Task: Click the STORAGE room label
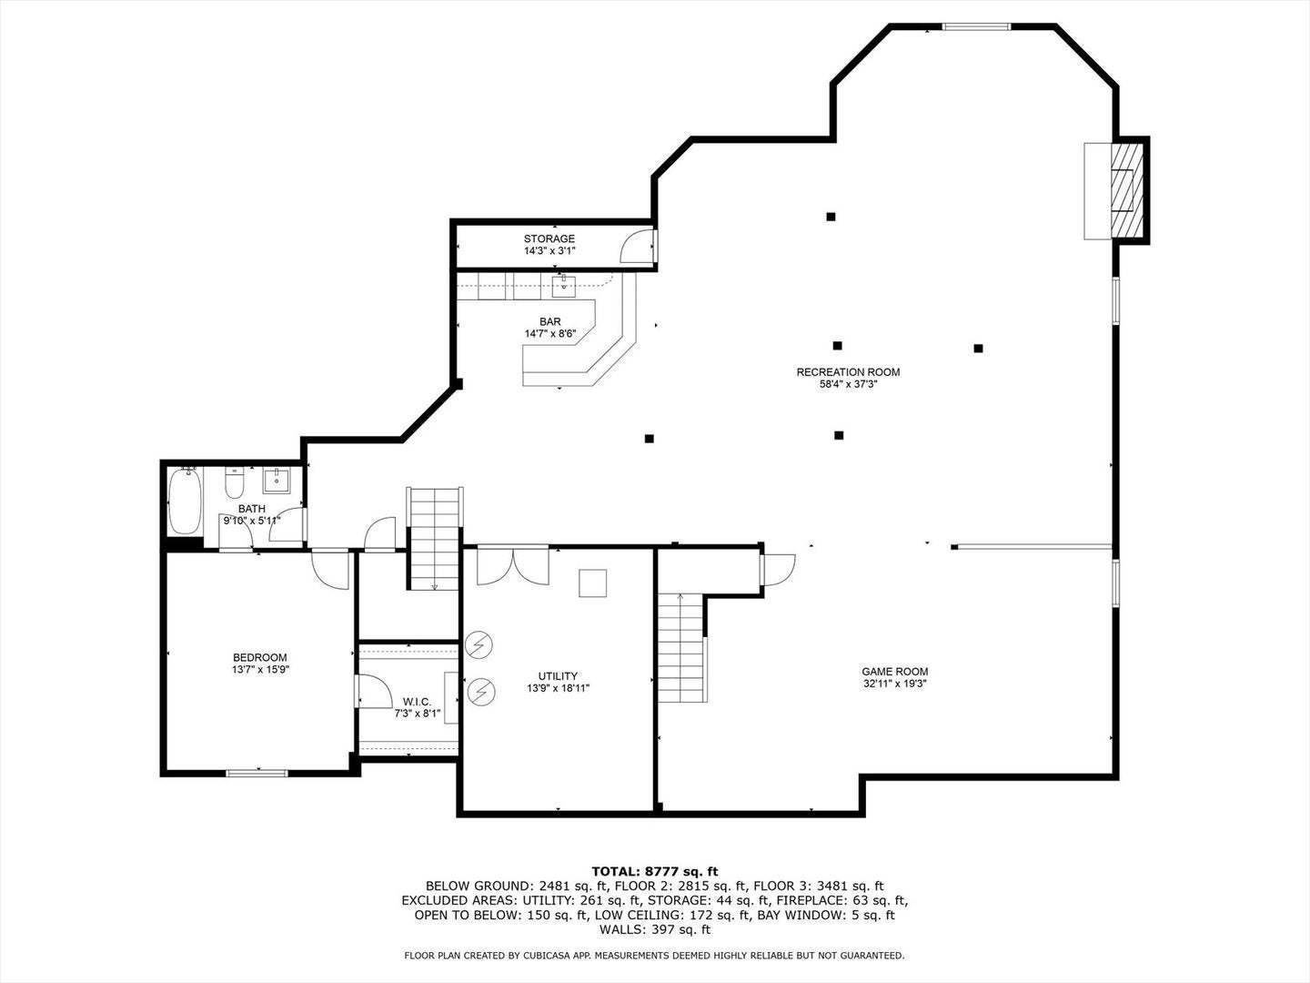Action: (x=549, y=238)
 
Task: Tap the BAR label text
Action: (x=549, y=321)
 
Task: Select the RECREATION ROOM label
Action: (x=848, y=371)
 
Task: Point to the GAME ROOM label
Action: (x=894, y=672)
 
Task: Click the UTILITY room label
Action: (x=558, y=675)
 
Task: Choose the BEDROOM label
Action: (x=259, y=657)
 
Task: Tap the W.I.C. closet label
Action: (x=417, y=701)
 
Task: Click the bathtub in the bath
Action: (x=185, y=502)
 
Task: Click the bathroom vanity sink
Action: (x=276, y=479)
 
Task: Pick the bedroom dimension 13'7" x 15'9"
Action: (x=259, y=670)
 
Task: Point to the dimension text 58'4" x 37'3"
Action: (x=848, y=384)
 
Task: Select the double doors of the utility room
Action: (x=512, y=563)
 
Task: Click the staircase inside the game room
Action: (x=680, y=646)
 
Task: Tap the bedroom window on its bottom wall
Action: (x=257, y=774)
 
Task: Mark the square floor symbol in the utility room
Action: (x=593, y=583)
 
